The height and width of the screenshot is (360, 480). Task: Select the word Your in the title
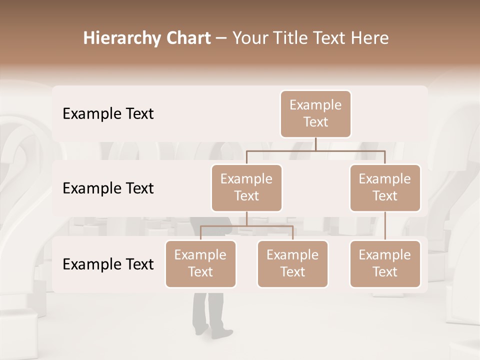(x=250, y=38)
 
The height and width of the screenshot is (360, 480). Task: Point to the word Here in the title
(x=370, y=38)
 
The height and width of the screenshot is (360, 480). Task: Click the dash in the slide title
(x=221, y=39)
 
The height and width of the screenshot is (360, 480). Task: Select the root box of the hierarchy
(x=315, y=114)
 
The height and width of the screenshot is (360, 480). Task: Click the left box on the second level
(x=246, y=187)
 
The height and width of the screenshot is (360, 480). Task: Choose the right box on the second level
(x=385, y=187)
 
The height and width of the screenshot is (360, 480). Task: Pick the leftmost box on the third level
(x=200, y=263)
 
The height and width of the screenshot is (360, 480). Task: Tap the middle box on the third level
(x=292, y=263)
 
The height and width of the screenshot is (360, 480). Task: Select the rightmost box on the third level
(x=385, y=263)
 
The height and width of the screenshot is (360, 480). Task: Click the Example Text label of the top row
(x=108, y=114)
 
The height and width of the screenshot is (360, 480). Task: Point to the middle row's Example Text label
(x=108, y=188)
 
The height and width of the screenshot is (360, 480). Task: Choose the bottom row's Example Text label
(x=108, y=264)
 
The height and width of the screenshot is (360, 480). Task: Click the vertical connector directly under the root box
(x=315, y=144)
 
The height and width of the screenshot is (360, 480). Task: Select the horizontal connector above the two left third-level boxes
(x=246, y=226)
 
